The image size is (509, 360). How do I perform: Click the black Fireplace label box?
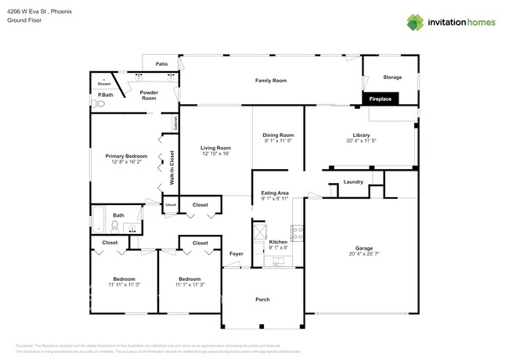pos(381,99)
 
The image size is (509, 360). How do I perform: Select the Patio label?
pos(161,63)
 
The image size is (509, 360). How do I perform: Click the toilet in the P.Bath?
pos(99,103)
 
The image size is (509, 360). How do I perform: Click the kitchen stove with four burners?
pos(297,232)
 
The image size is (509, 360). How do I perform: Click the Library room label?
pos(361,135)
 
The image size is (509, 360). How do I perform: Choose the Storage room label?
pos(392,77)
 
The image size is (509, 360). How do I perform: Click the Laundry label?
pos(353,182)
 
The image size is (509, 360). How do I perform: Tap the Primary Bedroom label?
pos(126,156)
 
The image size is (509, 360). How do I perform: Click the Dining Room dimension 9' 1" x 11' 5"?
pos(278,141)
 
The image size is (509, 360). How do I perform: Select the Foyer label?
pos(236,254)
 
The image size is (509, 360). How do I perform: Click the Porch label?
pos(262,300)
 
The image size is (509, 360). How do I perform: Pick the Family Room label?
pos(271,81)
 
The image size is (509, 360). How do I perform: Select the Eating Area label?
pos(275,193)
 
